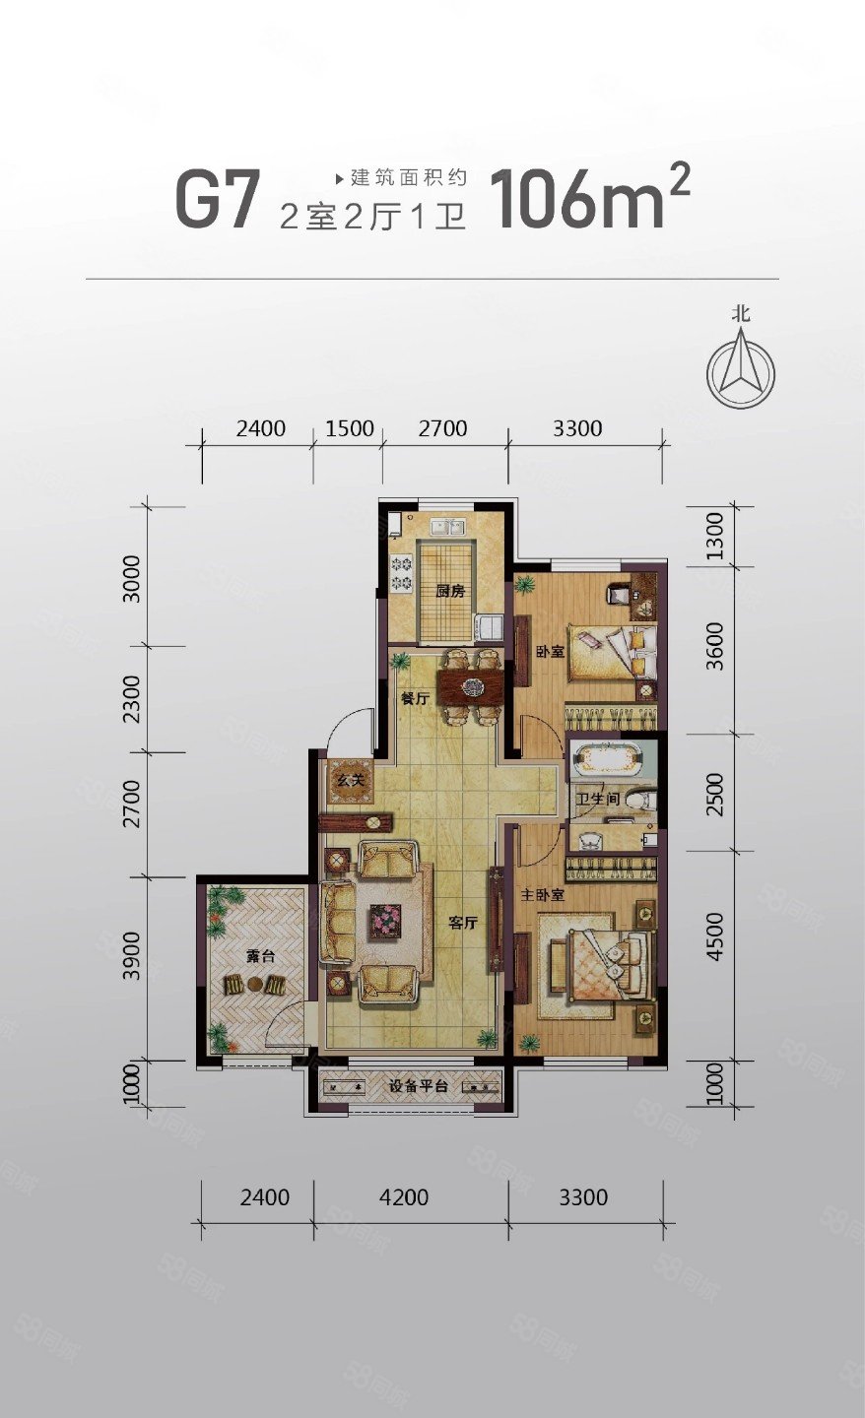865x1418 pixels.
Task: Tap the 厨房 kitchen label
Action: pos(451,591)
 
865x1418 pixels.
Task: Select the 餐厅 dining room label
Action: pos(415,699)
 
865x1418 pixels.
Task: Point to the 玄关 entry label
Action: pos(352,780)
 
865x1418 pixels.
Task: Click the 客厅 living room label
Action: pos(463,923)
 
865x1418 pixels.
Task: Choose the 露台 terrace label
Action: pos(260,956)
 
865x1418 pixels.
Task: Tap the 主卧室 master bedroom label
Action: pos(542,895)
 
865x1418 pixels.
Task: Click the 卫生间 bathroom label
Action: pos(597,799)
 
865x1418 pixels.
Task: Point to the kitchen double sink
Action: pos(447,527)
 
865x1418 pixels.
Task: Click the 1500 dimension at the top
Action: pos(350,428)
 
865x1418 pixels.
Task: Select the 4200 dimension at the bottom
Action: pos(404,1197)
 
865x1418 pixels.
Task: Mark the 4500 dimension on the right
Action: pos(714,936)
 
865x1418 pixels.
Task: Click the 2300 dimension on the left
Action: pos(132,699)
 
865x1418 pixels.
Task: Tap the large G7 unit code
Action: pos(219,199)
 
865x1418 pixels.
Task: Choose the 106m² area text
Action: pos(589,196)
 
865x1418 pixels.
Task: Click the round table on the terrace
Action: pos(255,985)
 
